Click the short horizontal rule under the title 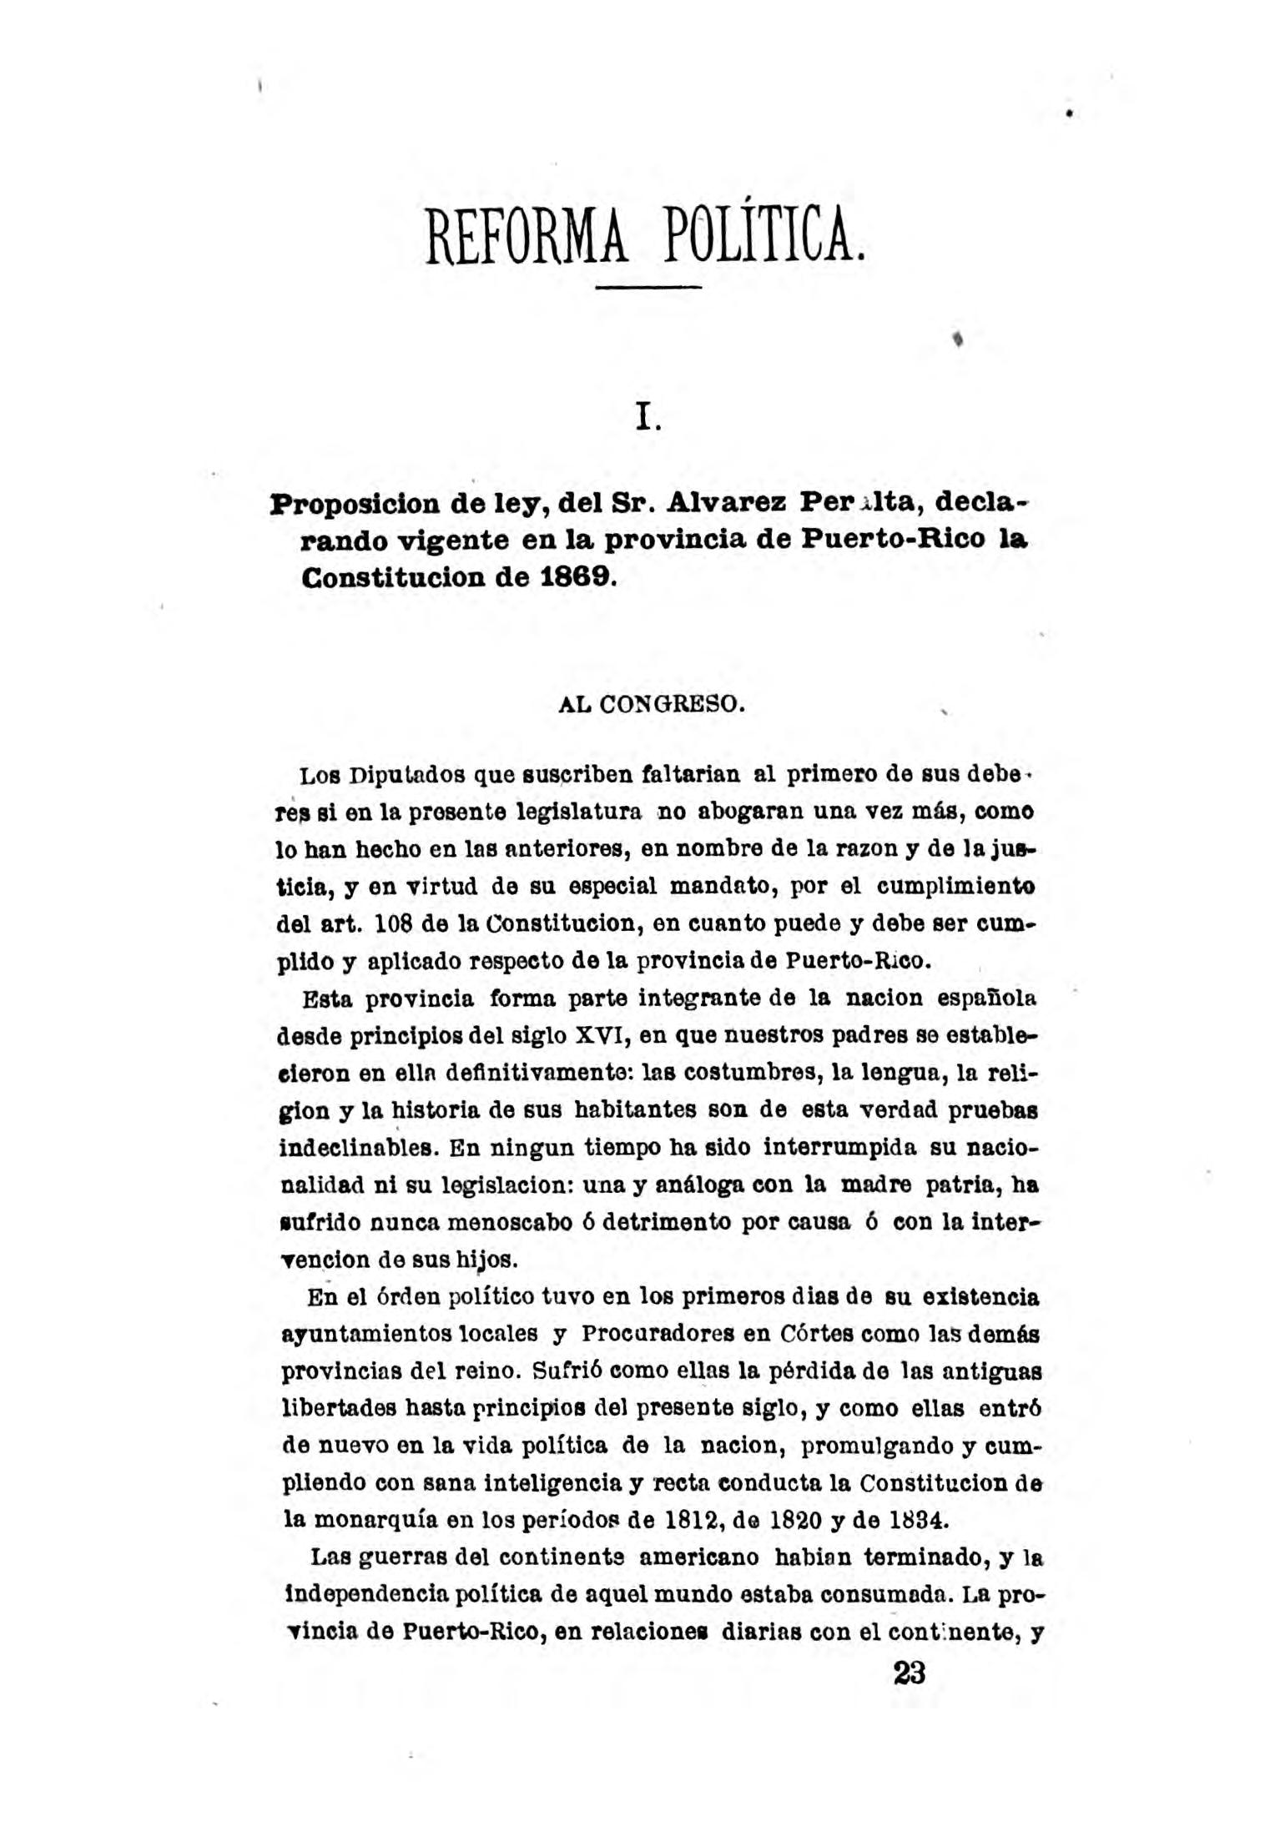(x=650, y=288)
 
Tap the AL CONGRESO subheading (x=648, y=705)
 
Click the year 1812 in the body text (x=689, y=1519)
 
